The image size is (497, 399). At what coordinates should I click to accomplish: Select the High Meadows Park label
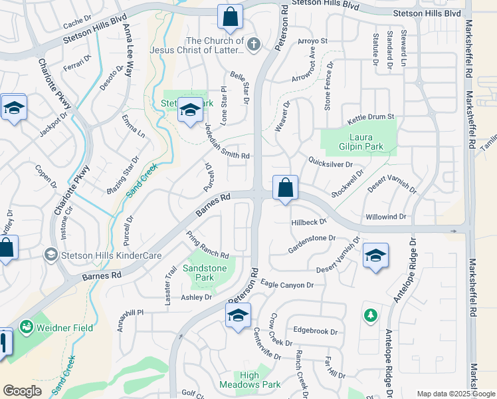tap(260, 380)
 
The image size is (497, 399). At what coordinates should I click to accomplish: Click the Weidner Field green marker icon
tap(27, 327)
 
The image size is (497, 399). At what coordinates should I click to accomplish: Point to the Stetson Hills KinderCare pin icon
tap(50, 254)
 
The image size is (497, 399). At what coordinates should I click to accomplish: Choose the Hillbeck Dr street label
tap(309, 222)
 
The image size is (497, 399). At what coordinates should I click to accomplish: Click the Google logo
tap(22, 391)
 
